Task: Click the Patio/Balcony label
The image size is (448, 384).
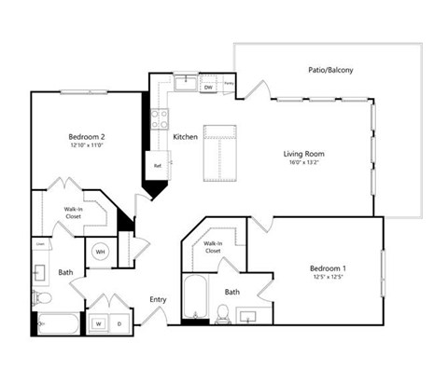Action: (330, 70)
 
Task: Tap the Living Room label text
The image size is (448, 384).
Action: (303, 155)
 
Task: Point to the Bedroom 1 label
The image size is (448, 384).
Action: (329, 268)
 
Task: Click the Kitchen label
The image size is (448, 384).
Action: (186, 137)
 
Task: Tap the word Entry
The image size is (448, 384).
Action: (158, 299)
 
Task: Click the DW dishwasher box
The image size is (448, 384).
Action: (208, 88)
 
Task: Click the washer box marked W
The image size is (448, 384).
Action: (97, 323)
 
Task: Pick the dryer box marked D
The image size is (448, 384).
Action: (119, 323)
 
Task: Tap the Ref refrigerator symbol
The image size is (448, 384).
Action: (159, 168)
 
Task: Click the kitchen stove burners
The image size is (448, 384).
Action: (160, 118)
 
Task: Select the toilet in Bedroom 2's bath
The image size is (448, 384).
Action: (41, 297)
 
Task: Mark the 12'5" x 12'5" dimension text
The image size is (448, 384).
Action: (329, 279)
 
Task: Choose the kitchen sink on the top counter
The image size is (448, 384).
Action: (186, 84)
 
